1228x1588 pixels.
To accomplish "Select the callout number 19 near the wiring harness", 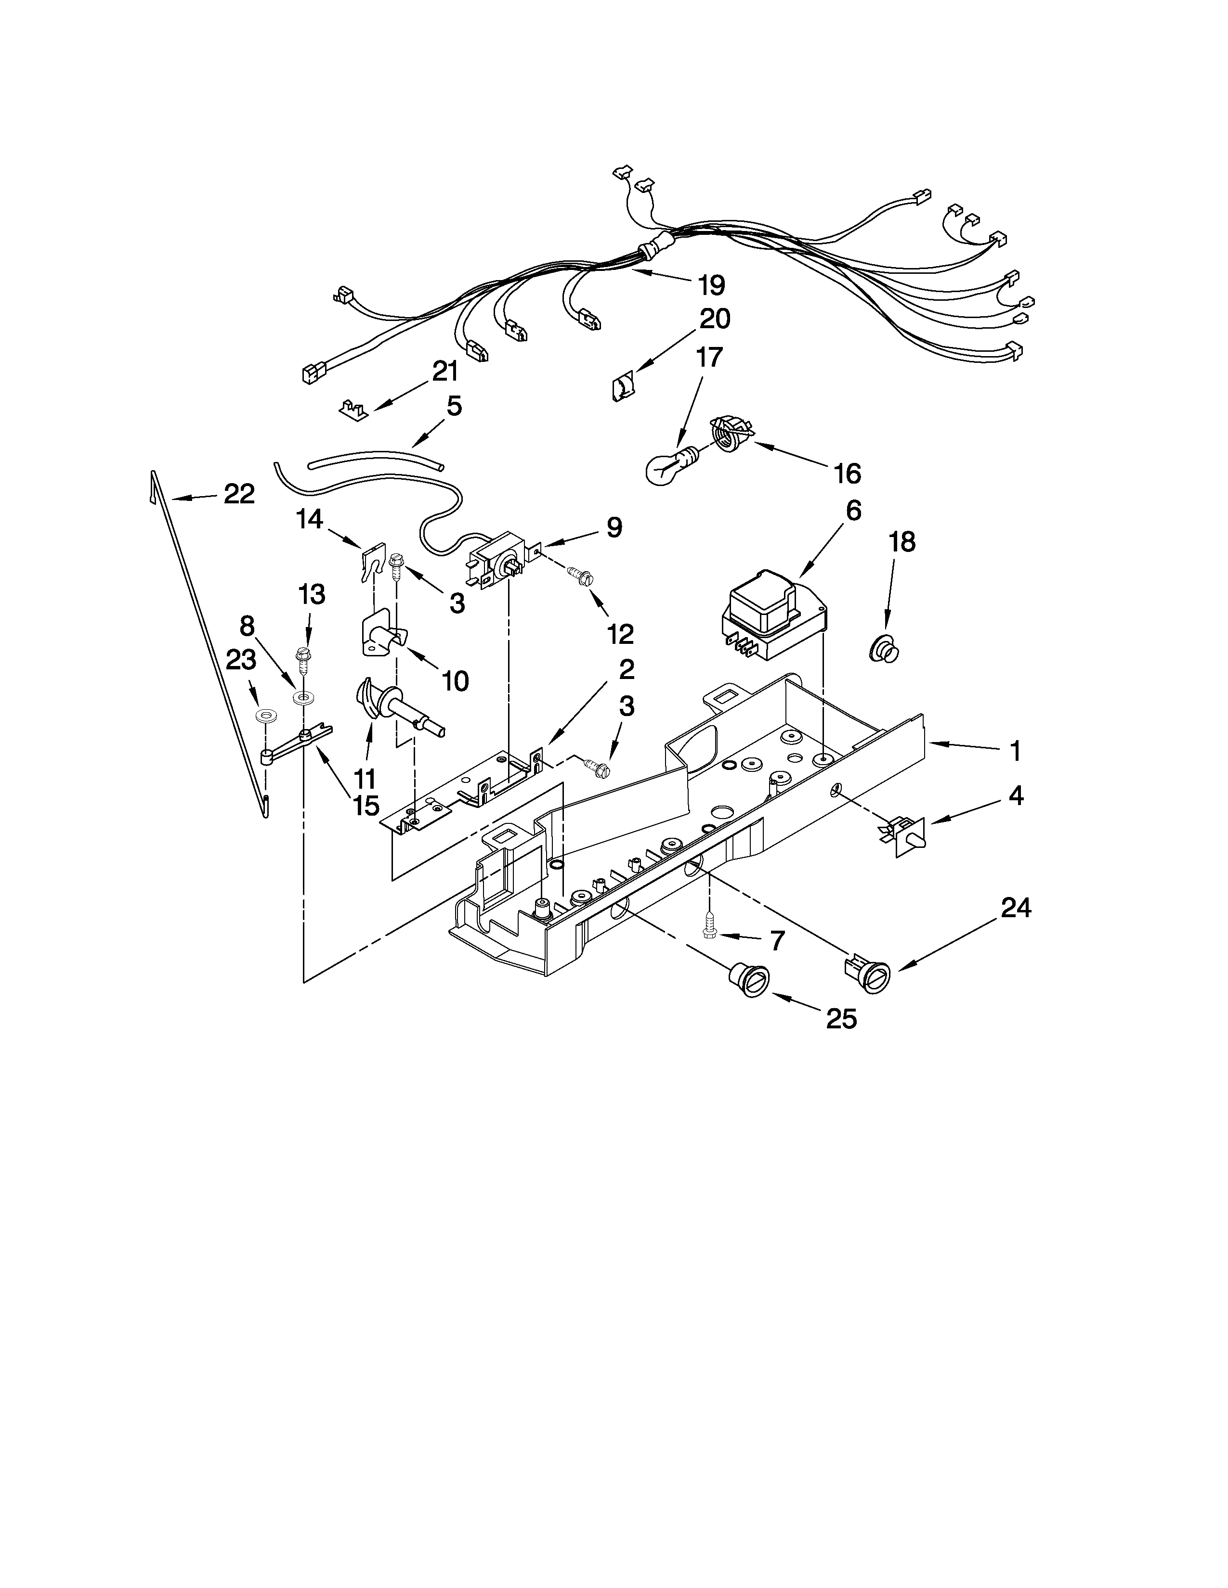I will coord(711,285).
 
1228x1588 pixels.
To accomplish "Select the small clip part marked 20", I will coord(622,385).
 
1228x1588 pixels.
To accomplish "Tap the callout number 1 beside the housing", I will coord(1015,751).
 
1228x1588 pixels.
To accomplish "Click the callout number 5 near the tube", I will coord(454,406).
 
